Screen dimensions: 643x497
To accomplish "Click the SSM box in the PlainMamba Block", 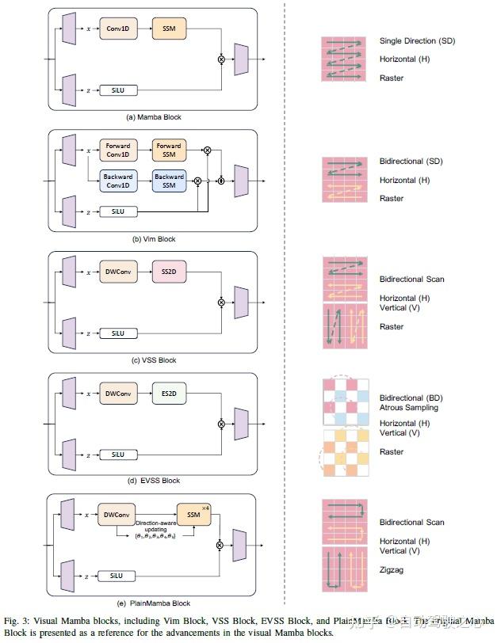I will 193,516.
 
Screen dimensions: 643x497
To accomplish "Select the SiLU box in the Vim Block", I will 118,211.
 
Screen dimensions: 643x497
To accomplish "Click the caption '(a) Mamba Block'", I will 154,117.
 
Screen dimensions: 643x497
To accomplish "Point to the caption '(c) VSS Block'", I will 154,360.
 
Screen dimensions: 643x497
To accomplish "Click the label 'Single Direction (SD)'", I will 417,40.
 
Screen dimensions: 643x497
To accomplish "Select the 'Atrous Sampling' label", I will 408,408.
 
